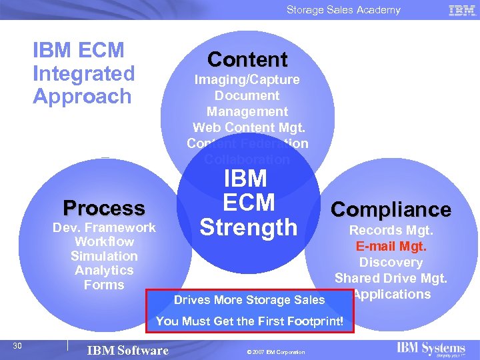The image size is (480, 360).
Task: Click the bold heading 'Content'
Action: (247, 60)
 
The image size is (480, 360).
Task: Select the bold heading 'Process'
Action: (103, 208)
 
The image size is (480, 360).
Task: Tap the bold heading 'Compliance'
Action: (391, 209)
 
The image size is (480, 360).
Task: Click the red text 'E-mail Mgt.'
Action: (391, 247)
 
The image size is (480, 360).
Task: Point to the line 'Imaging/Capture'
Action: (247, 80)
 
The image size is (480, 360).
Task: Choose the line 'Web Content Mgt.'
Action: (247, 127)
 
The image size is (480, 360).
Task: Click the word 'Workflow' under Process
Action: (104, 241)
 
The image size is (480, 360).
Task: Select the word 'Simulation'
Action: (104, 256)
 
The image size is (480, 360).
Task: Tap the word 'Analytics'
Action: (104, 270)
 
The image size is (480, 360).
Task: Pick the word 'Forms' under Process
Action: (104, 285)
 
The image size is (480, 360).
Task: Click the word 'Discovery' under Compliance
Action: (391, 262)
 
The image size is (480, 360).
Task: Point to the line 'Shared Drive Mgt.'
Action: (391, 278)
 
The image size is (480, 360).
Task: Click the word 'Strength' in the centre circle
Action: (248, 227)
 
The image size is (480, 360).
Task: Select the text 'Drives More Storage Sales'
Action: (249, 300)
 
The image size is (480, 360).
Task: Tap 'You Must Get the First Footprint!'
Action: (249, 321)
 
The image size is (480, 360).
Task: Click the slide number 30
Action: (18, 345)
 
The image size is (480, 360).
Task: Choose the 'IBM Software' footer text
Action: (128, 350)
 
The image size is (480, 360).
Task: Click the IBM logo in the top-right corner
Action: (462, 10)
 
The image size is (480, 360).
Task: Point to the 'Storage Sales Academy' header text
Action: (343, 10)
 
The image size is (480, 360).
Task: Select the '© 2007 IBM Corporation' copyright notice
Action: (275, 352)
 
